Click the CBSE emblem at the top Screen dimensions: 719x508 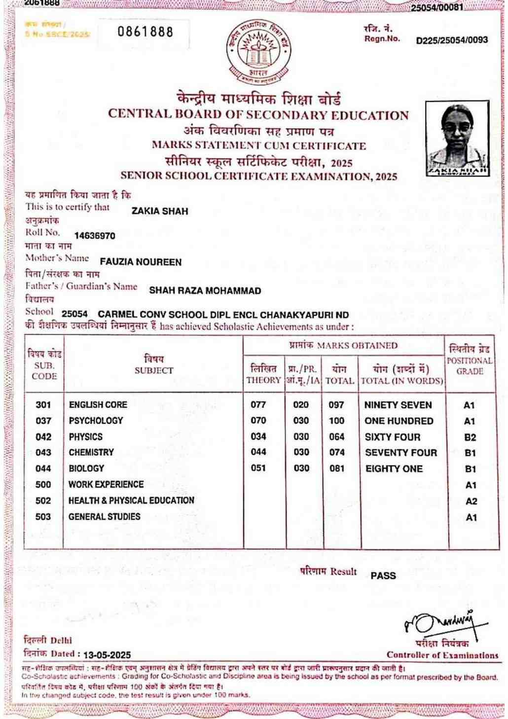pos(258,52)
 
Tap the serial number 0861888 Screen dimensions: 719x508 pos(145,33)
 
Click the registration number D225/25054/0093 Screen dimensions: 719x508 pos(452,40)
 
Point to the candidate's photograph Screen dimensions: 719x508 pos(457,139)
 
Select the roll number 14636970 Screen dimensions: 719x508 pos(95,236)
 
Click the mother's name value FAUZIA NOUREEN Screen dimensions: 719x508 pos(141,262)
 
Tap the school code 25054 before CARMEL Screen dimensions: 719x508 pos(74,314)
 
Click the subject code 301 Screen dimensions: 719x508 pos(43,405)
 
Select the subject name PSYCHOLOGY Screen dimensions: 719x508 pos(96,421)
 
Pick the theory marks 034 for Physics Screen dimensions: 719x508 pos(258,436)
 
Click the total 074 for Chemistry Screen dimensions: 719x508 pos(337,453)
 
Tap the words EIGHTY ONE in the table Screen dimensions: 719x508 pos(394,468)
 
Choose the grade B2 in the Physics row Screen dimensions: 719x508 pos(470,437)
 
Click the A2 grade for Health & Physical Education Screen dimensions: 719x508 pos(472,502)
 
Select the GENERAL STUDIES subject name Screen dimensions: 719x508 pos(104,517)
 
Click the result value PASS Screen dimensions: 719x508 pos(383,575)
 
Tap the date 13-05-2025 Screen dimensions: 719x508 pos(107,655)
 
